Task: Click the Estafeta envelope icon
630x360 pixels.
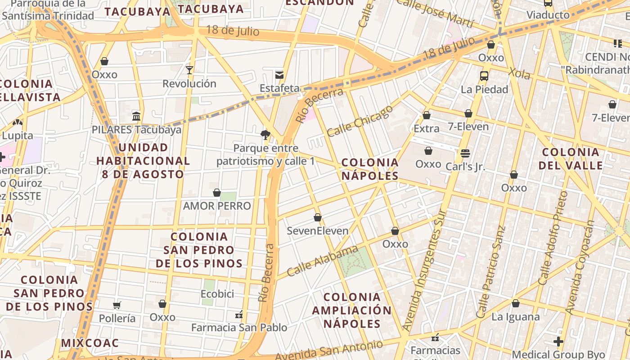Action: (279, 75)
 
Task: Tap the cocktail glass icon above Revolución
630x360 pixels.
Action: (189, 70)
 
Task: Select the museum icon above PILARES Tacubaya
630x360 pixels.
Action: (136, 117)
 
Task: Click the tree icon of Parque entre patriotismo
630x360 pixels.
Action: (265, 135)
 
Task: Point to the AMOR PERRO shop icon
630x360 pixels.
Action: (217, 193)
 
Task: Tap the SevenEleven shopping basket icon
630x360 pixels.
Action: (318, 218)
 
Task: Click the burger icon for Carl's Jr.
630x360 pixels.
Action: (465, 153)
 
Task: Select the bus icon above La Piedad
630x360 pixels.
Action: (484, 76)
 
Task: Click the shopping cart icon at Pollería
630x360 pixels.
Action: (117, 306)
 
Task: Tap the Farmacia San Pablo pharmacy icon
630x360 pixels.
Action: (239, 314)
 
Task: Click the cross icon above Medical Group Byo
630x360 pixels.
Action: (558, 342)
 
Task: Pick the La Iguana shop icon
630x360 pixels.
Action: (516, 304)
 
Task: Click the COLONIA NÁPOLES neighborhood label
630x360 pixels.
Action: (370, 169)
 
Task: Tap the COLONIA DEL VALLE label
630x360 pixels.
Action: (571, 158)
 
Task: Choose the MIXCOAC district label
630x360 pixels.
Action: (90, 343)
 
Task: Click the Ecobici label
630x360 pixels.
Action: (217, 294)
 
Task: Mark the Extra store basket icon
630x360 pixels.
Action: (427, 116)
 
